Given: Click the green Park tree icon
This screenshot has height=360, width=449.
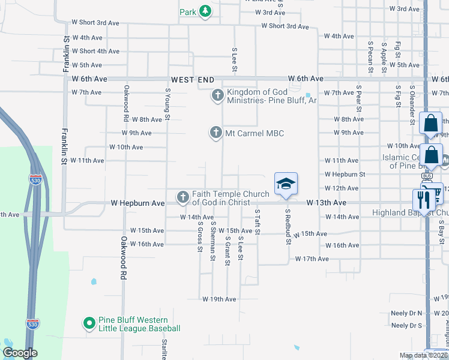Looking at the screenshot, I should click(x=205, y=11).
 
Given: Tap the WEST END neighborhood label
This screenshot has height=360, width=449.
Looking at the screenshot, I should click(x=193, y=79).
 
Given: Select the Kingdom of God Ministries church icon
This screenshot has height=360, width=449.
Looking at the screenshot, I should click(x=216, y=95).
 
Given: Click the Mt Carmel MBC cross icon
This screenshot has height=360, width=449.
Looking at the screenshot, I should click(x=216, y=133).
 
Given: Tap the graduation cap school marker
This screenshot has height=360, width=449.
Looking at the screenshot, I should click(x=286, y=184).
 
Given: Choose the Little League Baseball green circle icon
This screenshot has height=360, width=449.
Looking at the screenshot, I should click(x=89, y=323).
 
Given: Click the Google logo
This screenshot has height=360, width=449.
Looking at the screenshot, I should click(x=20, y=353).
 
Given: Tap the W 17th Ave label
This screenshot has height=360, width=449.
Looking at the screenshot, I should click(x=312, y=259).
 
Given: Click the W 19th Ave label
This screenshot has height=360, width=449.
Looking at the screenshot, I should click(x=219, y=299).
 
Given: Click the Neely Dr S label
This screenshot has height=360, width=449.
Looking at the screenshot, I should click(x=406, y=325).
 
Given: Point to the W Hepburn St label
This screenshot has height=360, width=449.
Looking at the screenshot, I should click(x=345, y=174).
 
